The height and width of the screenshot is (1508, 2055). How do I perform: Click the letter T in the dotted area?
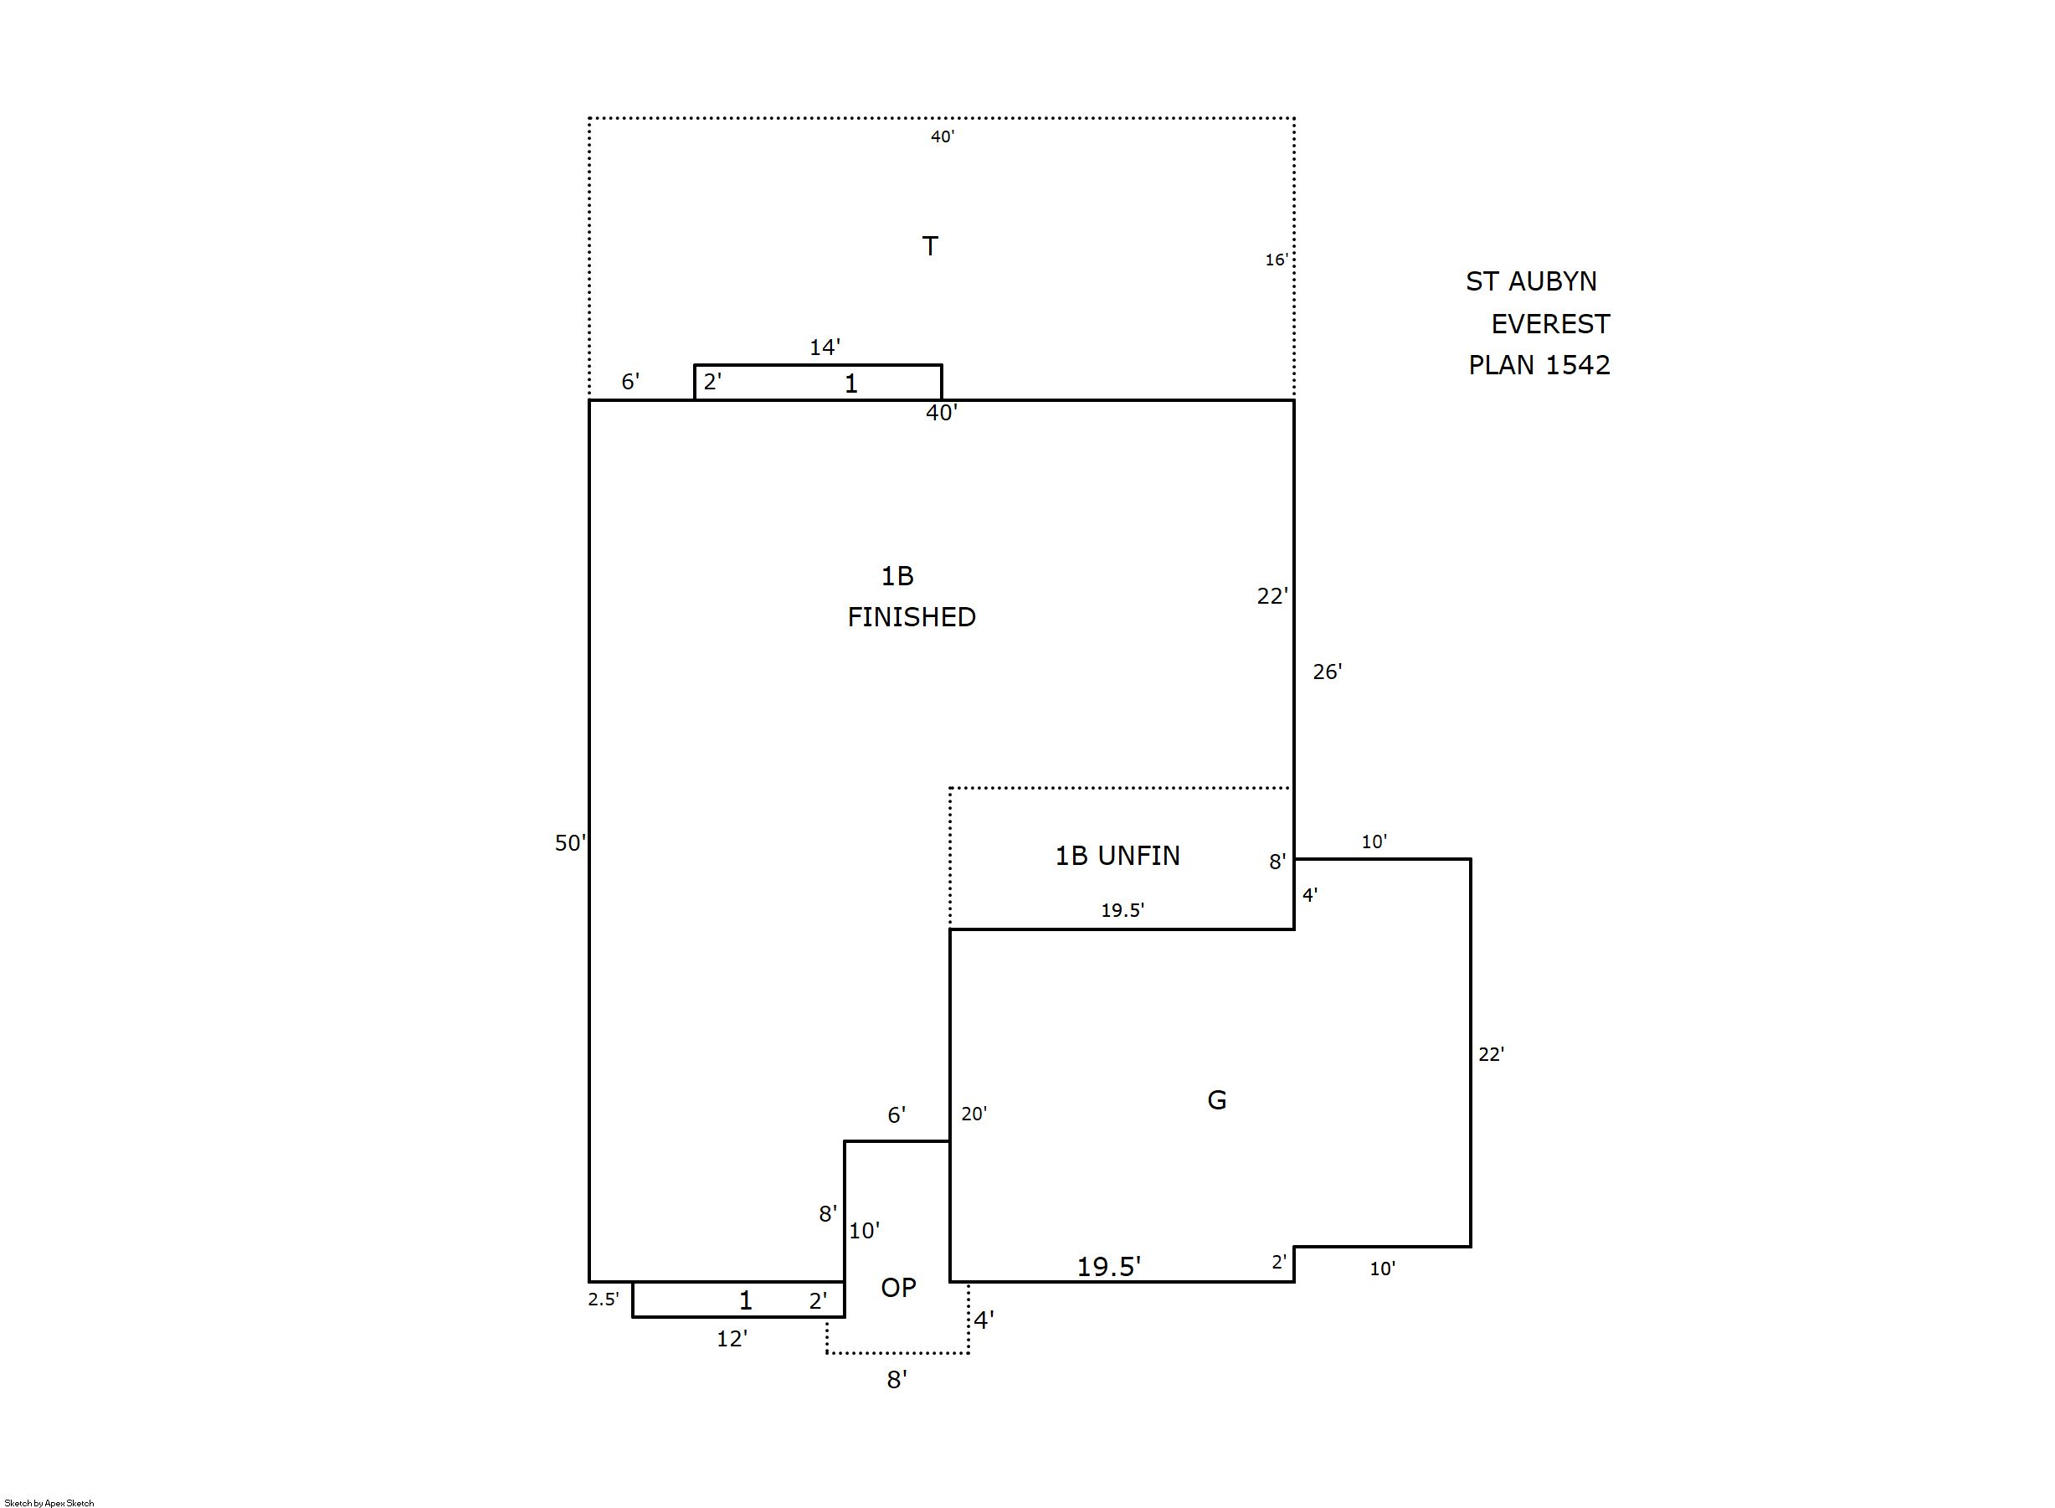(x=930, y=246)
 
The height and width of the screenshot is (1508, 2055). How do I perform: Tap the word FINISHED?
(x=912, y=617)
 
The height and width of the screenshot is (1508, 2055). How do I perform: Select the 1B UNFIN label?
(x=1117, y=856)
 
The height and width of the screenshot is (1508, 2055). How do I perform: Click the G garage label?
(x=1216, y=1100)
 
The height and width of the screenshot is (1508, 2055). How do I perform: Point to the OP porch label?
(x=898, y=1287)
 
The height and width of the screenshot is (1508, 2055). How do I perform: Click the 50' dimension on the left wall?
(x=570, y=842)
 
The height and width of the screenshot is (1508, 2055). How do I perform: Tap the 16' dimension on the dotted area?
(x=1276, y=260)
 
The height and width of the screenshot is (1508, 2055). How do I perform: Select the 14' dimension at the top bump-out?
(x=825, y=347)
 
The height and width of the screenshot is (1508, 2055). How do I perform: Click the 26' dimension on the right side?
(x=1327, y=672)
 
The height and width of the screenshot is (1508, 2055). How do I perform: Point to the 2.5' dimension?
(x=604, y=1299)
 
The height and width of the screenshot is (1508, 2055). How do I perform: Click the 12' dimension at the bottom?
(x=732, y=1338)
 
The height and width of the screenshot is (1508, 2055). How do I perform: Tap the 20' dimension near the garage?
(x=974, y=1114)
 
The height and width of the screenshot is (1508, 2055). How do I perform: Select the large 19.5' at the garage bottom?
(x=1109, y=1266)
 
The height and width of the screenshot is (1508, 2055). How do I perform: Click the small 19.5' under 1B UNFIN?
(x=1123, y=910)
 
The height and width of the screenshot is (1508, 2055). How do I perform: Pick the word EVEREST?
(x=1550, y=324)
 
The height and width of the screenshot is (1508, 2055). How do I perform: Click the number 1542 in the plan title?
(x=1578, y=365)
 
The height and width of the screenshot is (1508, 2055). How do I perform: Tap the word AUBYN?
(x=1552, y=281)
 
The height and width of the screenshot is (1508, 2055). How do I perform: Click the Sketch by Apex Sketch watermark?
(x=49, y=1502)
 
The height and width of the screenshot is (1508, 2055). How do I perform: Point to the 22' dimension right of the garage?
(x=1491, y=1054)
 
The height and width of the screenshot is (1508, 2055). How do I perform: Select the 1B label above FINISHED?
(x=897, y=576)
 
